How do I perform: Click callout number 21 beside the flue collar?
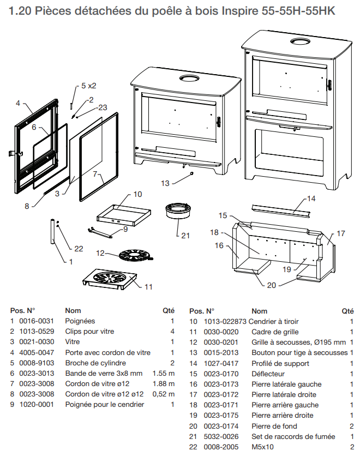(x=186, y=236)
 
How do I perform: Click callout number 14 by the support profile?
(x=311, y=199)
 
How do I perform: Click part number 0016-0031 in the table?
(x=37, y=321)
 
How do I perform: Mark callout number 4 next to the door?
(x=18, y=103)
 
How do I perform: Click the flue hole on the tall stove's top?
(x=299, y=43)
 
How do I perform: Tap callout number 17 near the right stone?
(x=341, y=233)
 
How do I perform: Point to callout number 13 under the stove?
(x=165, y=183)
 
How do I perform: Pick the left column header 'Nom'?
(x=73, y=311)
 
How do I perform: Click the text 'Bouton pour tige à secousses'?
(x=299, y=352)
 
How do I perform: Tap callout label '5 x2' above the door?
(x=88, y=86)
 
